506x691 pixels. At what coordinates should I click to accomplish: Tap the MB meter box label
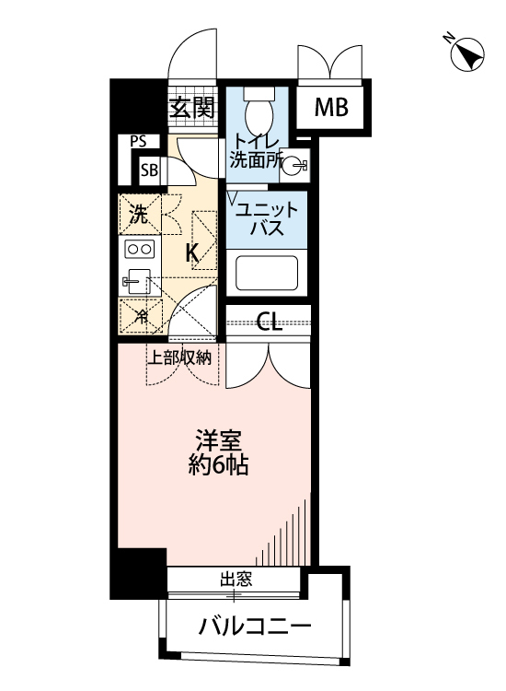click(x=332, y=108)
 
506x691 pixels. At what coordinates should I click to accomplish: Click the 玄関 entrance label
click(x=192, y=109)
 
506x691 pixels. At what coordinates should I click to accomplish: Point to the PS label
click(x=139, y=142)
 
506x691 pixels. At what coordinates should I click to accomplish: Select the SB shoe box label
click(x=148, y=170)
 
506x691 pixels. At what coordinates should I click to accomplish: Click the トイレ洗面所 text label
click(x=255, y=149)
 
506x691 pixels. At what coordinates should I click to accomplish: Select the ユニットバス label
click(x=266, y=218)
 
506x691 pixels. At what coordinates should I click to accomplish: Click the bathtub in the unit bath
click(x=266, y=273)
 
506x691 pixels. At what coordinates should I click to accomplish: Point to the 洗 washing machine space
click(x=138, y=217)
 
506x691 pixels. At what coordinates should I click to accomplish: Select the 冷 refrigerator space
click(x=141, y=316)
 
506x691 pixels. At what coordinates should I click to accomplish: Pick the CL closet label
click(x=269, y=322)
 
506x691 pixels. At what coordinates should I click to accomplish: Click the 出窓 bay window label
click(x=235, y=580)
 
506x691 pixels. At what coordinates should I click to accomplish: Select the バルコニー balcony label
click(x=254, y=629)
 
